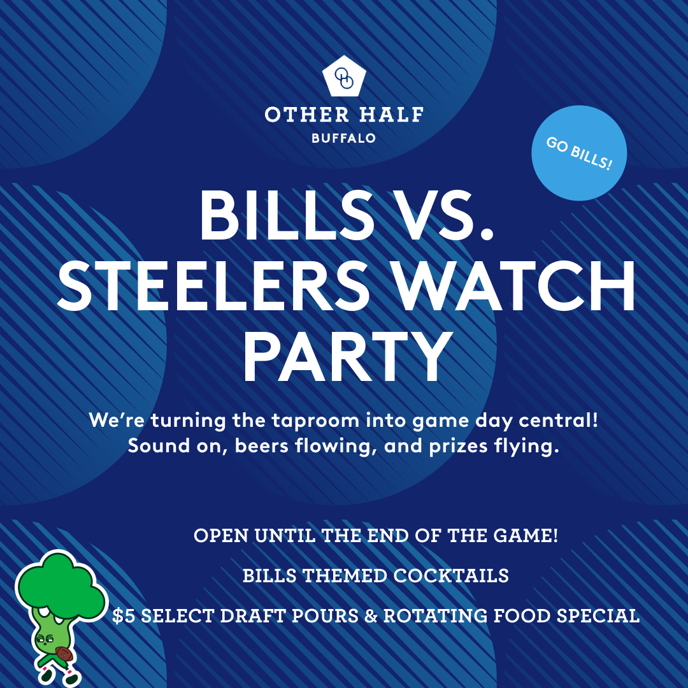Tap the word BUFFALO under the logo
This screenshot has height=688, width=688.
point(344,138)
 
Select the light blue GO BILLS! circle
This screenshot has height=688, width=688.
point(579,153)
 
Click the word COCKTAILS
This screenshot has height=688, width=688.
point(451,576)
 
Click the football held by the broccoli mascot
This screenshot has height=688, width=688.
point(63,654)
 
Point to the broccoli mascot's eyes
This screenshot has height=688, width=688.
point(45,639)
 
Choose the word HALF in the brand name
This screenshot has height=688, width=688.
point(392,115)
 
